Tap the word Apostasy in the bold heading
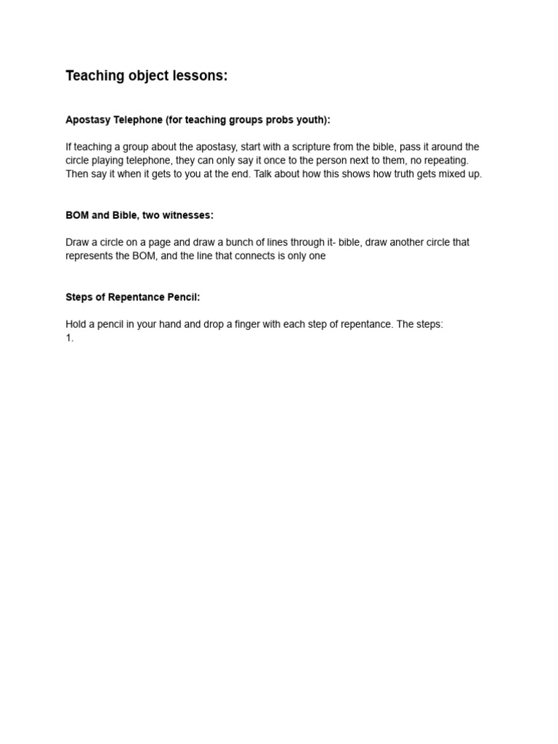tap(88, 120)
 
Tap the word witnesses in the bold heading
tap(188, 215)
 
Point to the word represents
tap(91, 256)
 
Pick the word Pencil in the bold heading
tap(183, 297)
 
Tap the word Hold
tap(76, 324)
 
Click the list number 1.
tap(70, 338)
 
